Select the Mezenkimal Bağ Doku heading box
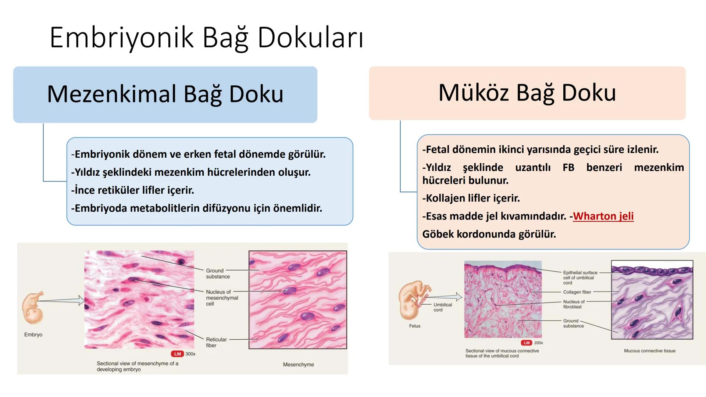pos(165,94)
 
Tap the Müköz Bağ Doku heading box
pos(527,93)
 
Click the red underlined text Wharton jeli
pos(603,216)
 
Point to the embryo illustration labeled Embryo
pos(33,307)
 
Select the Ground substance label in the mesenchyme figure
pos(218,273)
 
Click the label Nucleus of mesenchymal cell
pos(222,298)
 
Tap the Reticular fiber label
pos(216,342)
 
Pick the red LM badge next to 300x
pos(178,354)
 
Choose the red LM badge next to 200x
pos(527,343)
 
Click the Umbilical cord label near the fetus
pos(442,307)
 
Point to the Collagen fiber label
pos(577,292)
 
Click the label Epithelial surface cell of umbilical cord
pos(580,278)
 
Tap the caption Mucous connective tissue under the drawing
pos(649,351)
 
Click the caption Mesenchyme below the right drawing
pos(298,364)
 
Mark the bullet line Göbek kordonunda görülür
pos(489,234)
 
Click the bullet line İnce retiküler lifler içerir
pos(133,190)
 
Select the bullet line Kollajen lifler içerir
pos(471,198)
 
